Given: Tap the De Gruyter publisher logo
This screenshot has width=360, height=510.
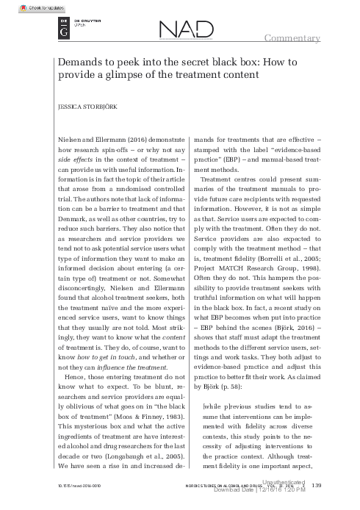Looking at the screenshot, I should pos(58,31).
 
